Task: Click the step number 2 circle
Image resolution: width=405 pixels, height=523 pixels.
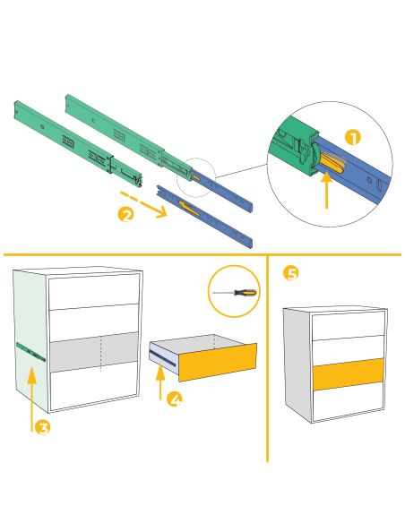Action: point(126,214)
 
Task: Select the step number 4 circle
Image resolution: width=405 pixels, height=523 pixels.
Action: point(176,399)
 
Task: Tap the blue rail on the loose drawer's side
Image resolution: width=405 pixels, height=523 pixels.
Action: point(164,356)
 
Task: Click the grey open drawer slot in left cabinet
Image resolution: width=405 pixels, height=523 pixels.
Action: point(93,349)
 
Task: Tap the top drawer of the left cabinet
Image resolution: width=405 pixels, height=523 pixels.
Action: point(93,293)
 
